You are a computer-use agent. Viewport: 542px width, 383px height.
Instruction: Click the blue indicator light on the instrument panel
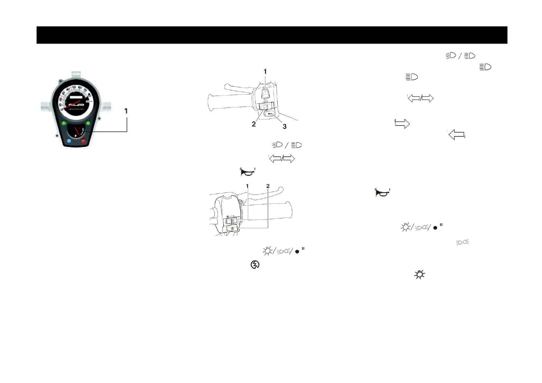69,141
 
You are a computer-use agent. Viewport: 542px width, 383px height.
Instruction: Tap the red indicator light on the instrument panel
83,141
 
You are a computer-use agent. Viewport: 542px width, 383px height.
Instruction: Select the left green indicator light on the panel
64,123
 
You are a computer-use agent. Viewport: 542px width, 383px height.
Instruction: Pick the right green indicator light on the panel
88,123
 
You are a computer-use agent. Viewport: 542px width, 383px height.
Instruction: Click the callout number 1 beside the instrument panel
126,111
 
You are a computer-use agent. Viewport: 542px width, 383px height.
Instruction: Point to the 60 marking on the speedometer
80,88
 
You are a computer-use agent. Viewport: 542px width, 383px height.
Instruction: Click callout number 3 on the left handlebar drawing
285,127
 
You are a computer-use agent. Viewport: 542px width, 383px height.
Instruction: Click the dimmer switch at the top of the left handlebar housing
265,93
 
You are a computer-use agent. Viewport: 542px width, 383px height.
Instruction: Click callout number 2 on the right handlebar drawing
268,186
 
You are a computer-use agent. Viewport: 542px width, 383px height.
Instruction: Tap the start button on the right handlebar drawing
232,229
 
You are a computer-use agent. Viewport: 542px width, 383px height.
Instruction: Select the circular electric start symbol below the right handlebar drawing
255,265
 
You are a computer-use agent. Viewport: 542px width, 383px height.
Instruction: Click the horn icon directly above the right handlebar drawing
248,172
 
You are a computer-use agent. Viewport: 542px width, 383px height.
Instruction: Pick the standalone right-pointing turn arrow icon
402,124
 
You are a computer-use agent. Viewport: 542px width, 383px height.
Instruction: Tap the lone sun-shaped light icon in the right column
419,275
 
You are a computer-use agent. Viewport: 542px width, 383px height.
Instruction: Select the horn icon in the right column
382,192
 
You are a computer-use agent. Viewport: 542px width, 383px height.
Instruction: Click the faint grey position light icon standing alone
463,242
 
